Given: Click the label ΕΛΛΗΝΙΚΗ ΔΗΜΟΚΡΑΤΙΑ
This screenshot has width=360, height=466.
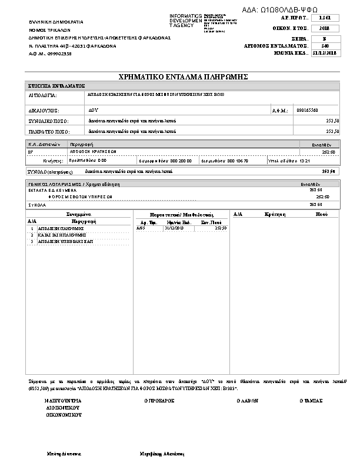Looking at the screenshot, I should point(56,21).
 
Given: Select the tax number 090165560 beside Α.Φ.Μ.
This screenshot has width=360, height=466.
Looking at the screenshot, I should point(308,110).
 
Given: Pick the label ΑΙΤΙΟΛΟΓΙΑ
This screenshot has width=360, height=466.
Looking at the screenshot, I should point(42,95).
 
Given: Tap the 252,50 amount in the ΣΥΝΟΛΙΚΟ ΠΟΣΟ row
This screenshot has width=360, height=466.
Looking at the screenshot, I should point(332,121).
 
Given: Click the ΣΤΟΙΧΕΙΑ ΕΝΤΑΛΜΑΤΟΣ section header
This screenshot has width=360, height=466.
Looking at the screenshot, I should point(57,86).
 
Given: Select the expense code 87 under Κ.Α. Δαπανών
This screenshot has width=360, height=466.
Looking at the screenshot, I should point(31,151).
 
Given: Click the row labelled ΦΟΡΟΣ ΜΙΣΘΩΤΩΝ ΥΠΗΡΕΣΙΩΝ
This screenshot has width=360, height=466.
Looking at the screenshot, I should point(80,197).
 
